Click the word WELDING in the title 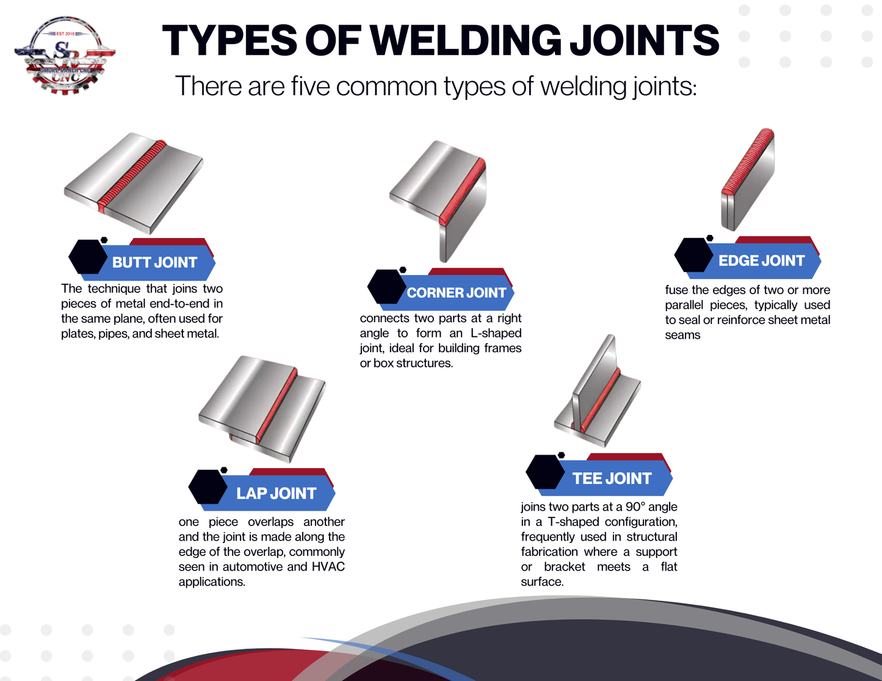tap(465, 41)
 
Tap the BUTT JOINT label tap(154, 262)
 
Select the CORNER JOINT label tap(456, 293)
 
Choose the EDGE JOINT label tap(761, 261)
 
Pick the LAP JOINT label tap(276, 493)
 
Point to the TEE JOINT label tap(612, 478)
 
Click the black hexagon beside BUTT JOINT tap(87, 257)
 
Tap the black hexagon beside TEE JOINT tap(544, 472)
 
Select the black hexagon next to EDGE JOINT tap(693, 255)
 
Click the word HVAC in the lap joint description tap(328, 567)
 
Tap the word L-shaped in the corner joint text tap(496, 333)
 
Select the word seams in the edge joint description tap(682, 335)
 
